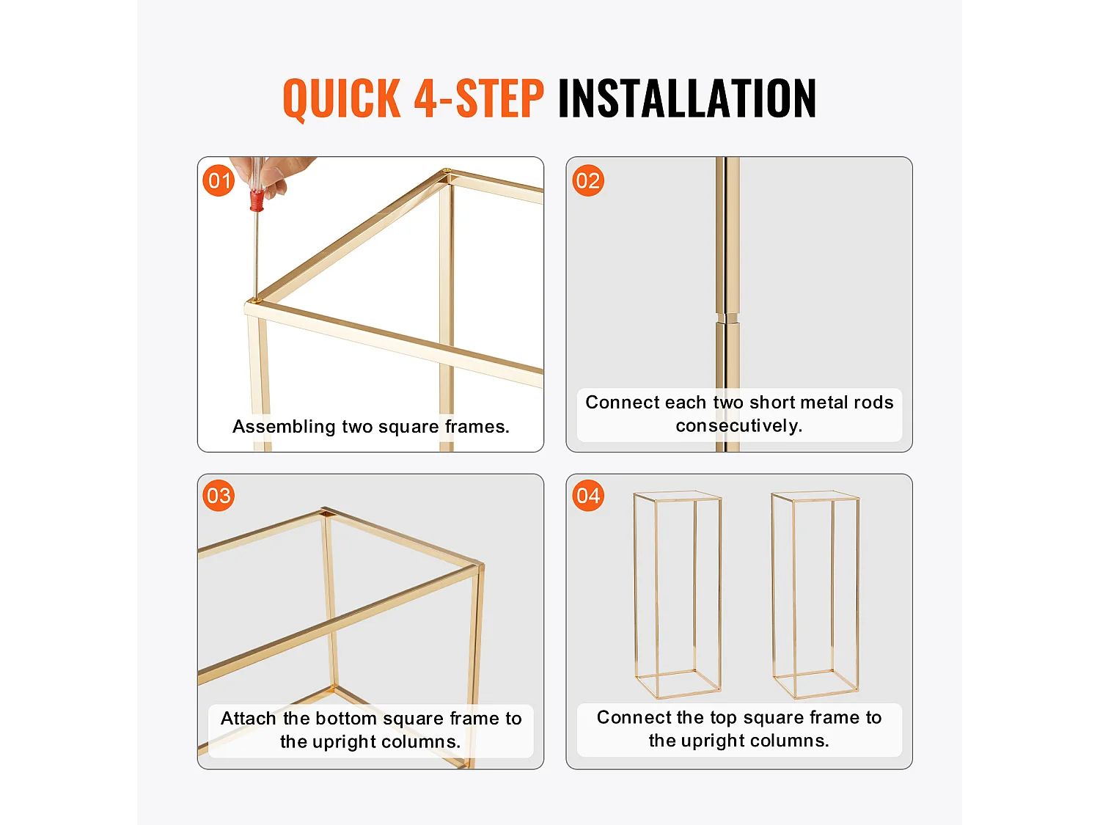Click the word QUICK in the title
point(342,99)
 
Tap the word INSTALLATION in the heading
point(687,98)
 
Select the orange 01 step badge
point(219,180)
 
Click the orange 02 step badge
point(588,180)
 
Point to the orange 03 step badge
point(219,496)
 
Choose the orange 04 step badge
point(588,496)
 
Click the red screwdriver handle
point(257,199)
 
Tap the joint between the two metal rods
point(727,318)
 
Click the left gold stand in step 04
point(678,594)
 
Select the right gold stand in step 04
point(815,594)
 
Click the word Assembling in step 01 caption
point(284,427)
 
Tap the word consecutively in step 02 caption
point(738,426)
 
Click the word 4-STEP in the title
point(479,98)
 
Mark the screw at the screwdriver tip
point(256,301)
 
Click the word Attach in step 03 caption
point(248,719)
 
